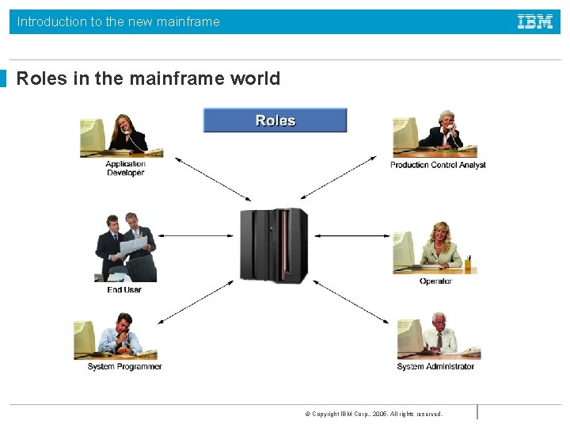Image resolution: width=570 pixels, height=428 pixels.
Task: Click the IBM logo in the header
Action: point(535,22)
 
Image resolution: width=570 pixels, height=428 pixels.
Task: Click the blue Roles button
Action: point(275,120)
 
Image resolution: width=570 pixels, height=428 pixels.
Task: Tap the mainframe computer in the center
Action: point(274,245)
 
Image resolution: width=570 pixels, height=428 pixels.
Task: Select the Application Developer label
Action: point(126,169)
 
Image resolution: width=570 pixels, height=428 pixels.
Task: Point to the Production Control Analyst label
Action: point(438,165)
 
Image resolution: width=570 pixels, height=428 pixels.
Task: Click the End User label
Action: point(124,289)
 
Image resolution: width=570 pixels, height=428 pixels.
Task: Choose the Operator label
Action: point(435,281)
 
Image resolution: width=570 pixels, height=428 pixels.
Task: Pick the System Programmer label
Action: point(124,366)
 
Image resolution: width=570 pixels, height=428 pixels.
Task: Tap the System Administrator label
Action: point(435,366)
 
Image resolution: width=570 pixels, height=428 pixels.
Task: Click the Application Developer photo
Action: point(121,136)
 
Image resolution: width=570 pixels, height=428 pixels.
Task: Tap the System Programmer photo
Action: point(116,337)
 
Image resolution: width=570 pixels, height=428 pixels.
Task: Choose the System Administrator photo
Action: point(438,336)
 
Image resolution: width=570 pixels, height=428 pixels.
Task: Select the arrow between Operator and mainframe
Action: point(353,235)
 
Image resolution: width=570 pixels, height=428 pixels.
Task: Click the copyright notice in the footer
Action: point(374,414)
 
